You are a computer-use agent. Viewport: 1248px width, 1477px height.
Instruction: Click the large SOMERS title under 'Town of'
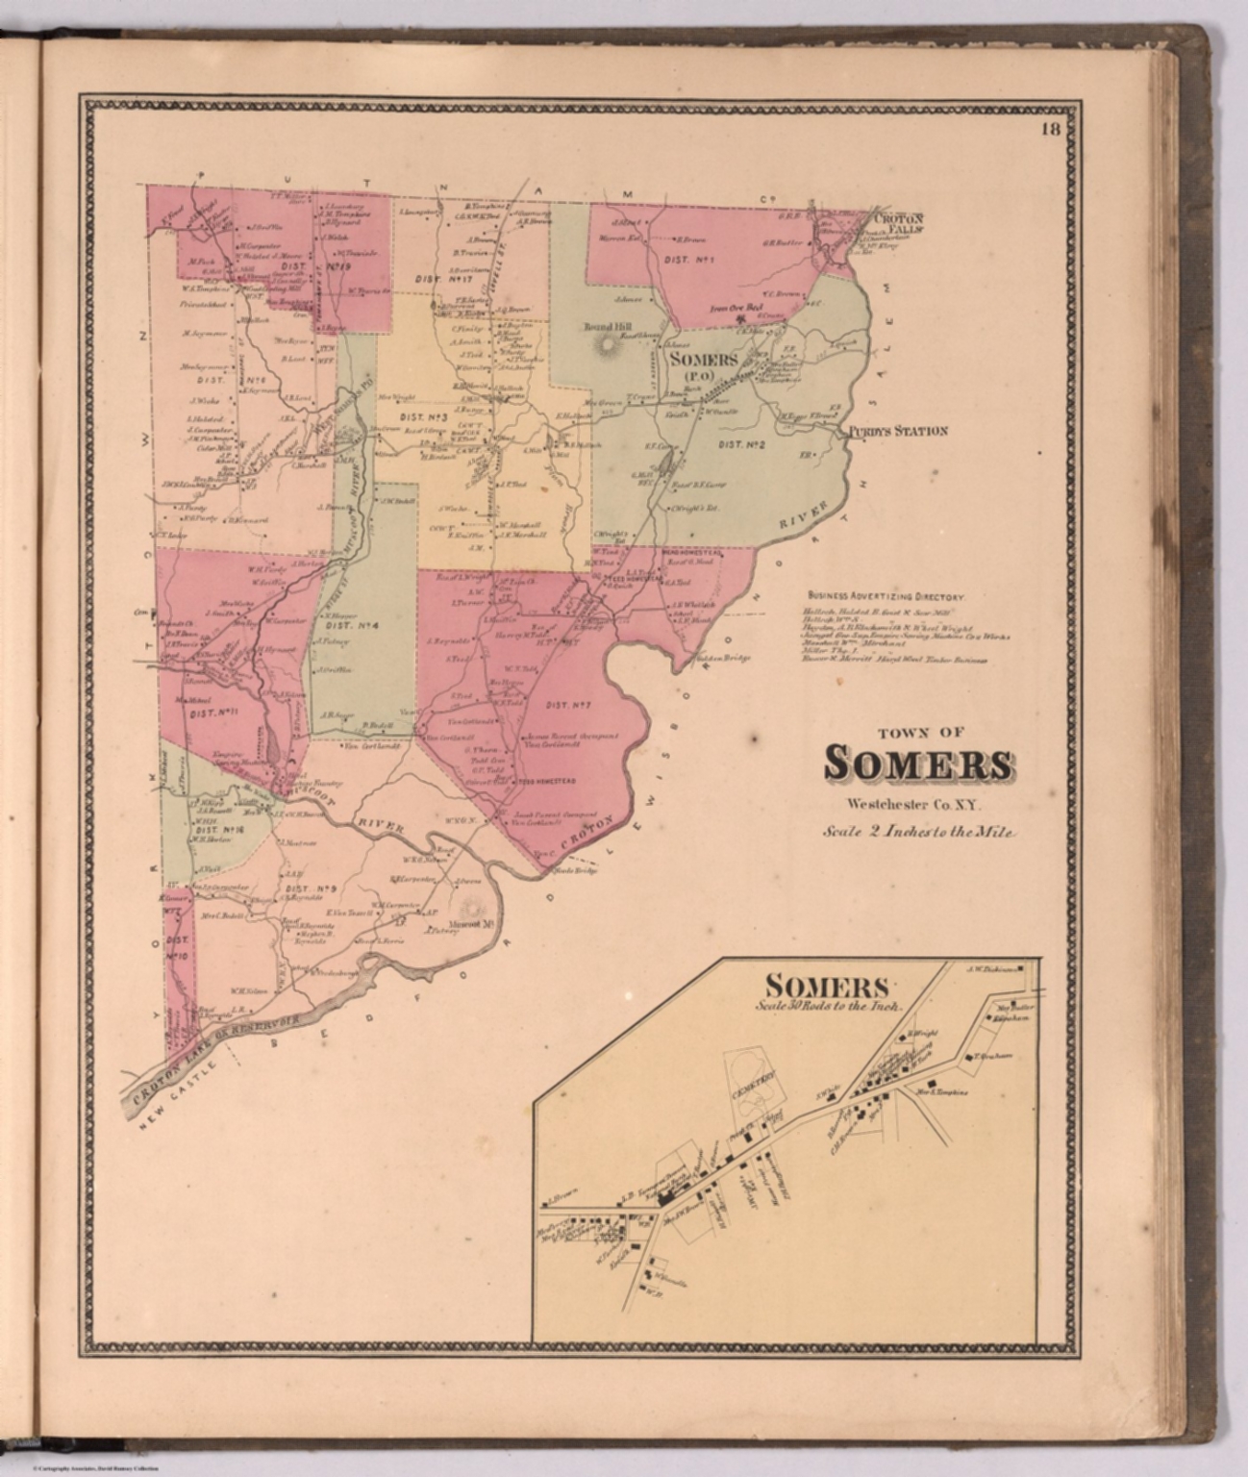coord(918,764)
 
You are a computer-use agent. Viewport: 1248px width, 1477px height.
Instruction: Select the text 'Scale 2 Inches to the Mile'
coord(918,833)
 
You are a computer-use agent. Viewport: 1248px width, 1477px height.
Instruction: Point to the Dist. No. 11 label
coord(213,713)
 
